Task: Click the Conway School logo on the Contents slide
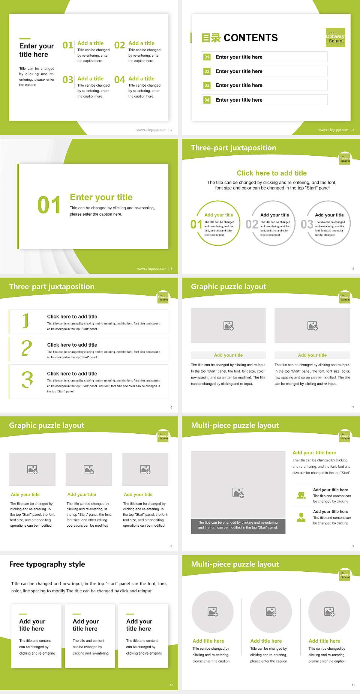click(335, 38)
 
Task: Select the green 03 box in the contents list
click(207, 86)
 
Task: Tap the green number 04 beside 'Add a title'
click(120, 80)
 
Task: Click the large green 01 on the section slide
click(49, 205)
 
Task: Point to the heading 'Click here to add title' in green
click(271, 173)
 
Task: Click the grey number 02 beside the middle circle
click(252, 224)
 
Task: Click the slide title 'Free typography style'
click(47, 564)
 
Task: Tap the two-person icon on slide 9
click(301, 495)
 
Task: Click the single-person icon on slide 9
click(301, 517)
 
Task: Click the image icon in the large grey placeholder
click(238, 493)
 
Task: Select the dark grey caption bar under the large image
click(238, 525)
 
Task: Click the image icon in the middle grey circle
click(271, 612)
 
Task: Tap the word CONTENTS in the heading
click(250, 38)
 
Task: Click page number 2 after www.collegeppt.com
click(171, 130)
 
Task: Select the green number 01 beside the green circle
click(196, 224)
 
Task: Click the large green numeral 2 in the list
click(27, 348)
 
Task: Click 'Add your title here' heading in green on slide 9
click(314, 453)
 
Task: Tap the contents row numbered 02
click(264, 71)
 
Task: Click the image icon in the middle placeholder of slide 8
click(89, 469)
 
